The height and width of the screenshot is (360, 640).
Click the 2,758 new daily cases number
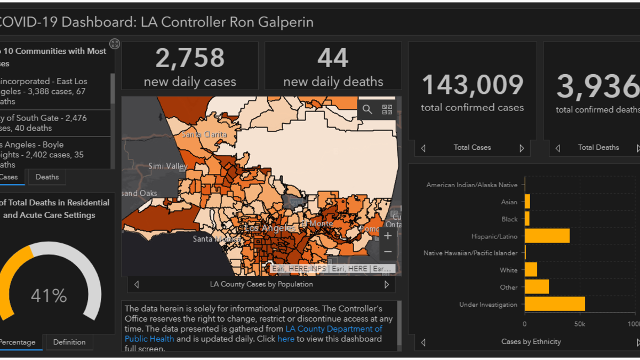click(190, 58)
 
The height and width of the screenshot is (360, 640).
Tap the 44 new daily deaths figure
click(333, 58)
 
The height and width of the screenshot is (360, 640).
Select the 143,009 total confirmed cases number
click(472, 85)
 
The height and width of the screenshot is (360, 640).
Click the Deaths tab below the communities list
click(47, 177)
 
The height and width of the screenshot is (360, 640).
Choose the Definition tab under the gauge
click(69, 342)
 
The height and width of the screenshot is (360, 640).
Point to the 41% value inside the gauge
click(49, 295)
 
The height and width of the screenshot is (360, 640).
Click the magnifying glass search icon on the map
click(367, 109)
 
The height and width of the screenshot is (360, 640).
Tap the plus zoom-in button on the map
click(388, 236)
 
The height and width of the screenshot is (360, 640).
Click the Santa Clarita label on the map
click(204, 134)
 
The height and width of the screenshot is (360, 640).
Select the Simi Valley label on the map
click(168, 166)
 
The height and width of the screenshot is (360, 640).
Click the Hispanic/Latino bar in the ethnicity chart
click(547, 236)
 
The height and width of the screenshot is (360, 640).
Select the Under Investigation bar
click(555, 304)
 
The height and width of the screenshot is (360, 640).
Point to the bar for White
click(531, 270)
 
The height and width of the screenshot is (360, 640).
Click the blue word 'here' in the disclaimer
click(286, 339)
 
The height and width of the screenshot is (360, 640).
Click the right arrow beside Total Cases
click(522, 148)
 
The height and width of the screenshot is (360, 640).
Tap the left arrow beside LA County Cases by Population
click(137, 285)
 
